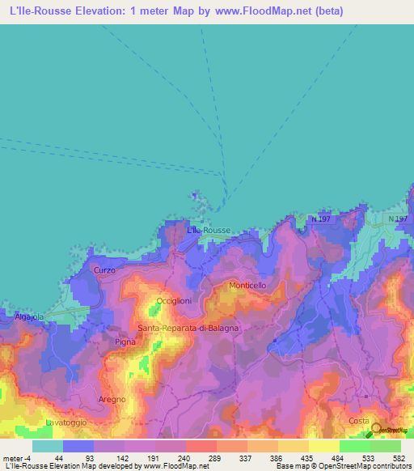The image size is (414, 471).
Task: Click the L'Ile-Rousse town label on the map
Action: click(x=209, y=231)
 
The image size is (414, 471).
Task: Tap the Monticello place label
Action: click(x=247, y=286)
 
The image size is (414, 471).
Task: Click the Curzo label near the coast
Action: click(x=105, y=269)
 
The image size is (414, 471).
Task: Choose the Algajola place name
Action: click(x=28, y=318)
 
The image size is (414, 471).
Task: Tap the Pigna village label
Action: click(x=125, y=342)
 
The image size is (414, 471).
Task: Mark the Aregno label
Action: click(x=112, y=400)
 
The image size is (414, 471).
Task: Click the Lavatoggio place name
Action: click(x=65, y=422)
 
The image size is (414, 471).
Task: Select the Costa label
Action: click(x=358, y=422)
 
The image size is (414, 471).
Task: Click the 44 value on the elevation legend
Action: click(x=58, y=457)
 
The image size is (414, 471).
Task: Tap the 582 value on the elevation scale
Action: click(x=399, y=457)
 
